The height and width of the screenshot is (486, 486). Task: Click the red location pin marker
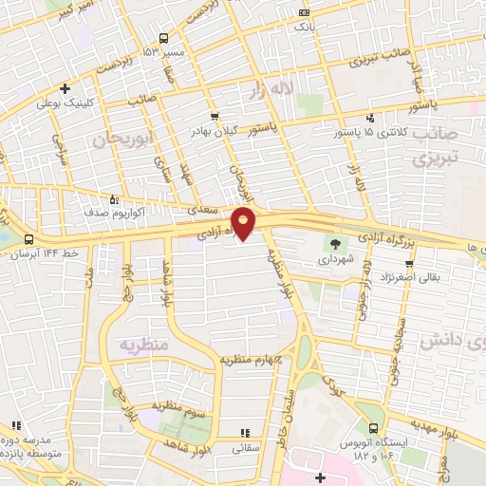244,221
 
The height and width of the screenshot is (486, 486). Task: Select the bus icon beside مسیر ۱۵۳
164,38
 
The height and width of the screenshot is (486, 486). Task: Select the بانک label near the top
304,28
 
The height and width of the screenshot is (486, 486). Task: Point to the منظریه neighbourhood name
143,344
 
